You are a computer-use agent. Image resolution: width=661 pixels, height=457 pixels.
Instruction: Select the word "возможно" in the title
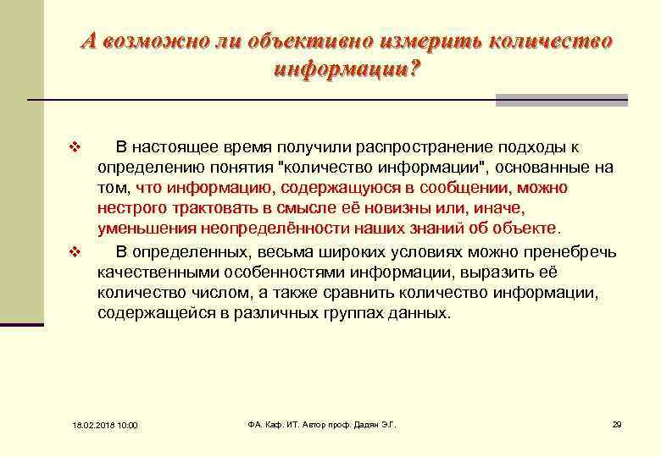(x=151, y=41)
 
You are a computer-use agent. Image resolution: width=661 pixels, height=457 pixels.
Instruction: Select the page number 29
(x=617, y=424)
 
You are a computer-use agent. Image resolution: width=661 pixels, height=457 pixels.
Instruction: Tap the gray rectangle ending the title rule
(x=561, y=100)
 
